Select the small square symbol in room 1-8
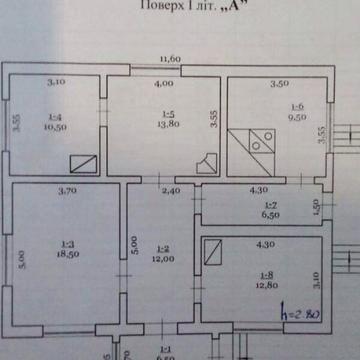coord(212,256)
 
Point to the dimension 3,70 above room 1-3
coord(68,189)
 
